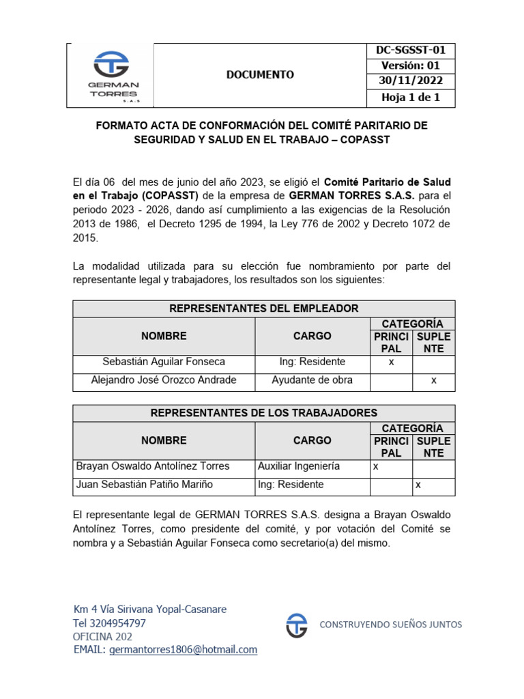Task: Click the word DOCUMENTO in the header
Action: coord(261,74)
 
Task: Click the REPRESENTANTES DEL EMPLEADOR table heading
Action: coord(263,309)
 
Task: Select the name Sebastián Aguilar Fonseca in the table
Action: coord(164,362)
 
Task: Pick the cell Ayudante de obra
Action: coord(312,380)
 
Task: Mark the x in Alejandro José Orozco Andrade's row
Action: coord(433,380)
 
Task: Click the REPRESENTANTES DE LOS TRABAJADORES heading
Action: coord(263,413)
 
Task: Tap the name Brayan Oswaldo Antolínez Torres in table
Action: coord(153,466)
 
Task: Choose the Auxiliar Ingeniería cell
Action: coord(298,466)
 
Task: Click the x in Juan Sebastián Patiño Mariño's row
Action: coord(418,485)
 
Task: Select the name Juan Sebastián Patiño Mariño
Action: coord(145,485)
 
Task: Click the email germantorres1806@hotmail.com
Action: coord(183,650)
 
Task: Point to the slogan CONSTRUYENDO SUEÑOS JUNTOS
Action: coord(391,625)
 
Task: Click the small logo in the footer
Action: coord(296,625)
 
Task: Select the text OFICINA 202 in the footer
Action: coord(102,636)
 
